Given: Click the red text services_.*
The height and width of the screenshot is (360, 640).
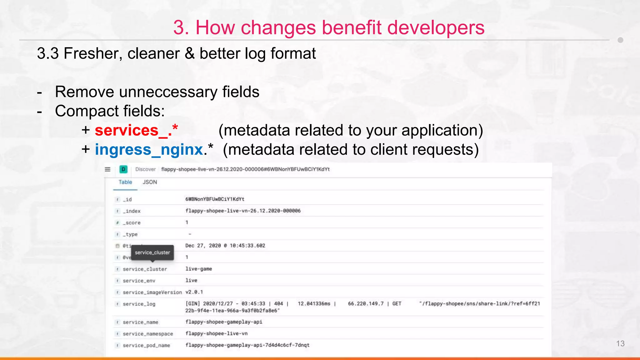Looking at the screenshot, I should click(136, 130).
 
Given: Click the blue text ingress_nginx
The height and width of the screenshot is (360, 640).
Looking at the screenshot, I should click(149, 149).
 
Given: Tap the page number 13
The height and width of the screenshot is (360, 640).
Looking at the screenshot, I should click(620, 343).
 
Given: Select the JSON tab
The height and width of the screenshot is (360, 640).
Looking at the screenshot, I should click(150, 182).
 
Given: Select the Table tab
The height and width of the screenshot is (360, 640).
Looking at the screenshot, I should click(125, 182).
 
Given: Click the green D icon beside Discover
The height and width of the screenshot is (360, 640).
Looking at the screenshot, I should click(123, 169).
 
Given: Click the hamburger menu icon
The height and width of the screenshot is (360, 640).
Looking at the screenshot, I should click(107, 169).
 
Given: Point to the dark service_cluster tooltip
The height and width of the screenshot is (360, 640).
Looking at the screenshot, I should click(152, 252).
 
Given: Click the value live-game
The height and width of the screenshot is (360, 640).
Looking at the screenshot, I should click(199, 269).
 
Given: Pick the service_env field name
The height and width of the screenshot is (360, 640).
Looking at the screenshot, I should click(139, 281).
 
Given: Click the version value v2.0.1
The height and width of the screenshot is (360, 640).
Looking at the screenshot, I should click(194, 292).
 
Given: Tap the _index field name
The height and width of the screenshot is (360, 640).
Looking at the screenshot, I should click(132, 211).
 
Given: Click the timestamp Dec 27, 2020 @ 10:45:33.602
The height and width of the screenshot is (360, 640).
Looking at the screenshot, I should click(225, 246).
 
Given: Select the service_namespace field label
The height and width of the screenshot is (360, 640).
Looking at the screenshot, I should click(148, 334).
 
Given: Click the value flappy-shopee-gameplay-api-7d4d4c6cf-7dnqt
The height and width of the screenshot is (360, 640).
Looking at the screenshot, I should click(247, 345).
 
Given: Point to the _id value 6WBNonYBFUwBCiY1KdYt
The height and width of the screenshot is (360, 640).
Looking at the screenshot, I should click(215, 199).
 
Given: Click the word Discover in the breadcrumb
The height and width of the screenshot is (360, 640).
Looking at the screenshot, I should click(145, 169).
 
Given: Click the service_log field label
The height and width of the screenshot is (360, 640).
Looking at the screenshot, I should click(139, 304).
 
